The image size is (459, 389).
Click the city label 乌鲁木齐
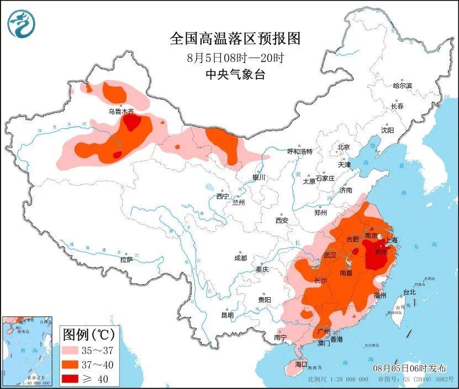coord(118,111)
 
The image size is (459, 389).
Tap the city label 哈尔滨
coord(403,85)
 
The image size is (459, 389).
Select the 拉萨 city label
coord(126,259)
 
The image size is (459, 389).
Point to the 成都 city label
coord(241,257)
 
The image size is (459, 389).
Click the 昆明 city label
coord(228,315)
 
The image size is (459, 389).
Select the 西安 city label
coord(282,220)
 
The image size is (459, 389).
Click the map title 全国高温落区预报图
coord(235,38)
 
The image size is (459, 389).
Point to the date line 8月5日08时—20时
coord(235,57)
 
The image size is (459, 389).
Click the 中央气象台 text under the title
coord(235,74)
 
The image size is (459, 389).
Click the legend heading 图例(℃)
coord(88,334)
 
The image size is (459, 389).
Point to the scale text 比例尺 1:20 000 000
coord(338,380)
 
